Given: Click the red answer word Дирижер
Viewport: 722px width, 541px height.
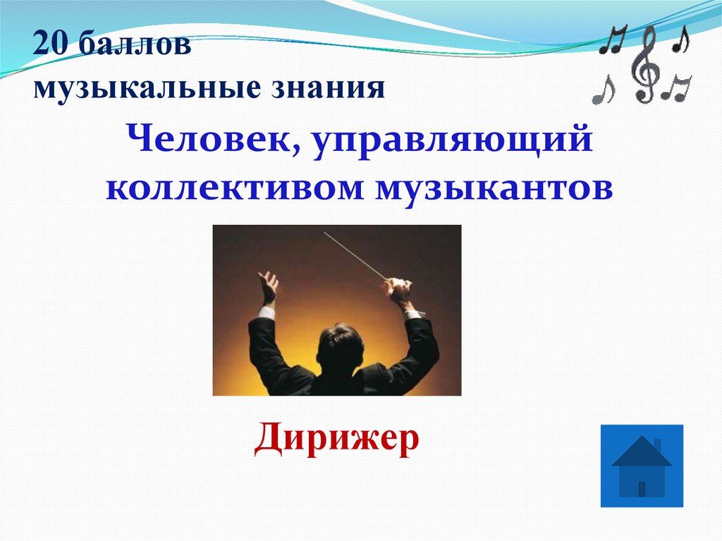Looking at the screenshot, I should pos(337,438).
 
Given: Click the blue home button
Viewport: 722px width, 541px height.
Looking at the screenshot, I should pos(642,466).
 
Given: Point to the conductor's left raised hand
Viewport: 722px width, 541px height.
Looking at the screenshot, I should pos(268,288).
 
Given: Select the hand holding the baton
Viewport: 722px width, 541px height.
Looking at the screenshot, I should pos(398,289).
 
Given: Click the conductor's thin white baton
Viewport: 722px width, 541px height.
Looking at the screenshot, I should pos(356,255).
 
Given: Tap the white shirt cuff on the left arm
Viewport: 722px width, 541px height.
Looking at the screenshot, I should pos(266,312).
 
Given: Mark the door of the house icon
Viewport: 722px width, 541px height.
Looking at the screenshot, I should pos(642,488).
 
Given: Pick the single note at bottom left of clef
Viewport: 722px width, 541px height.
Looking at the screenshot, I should pos(604,90).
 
